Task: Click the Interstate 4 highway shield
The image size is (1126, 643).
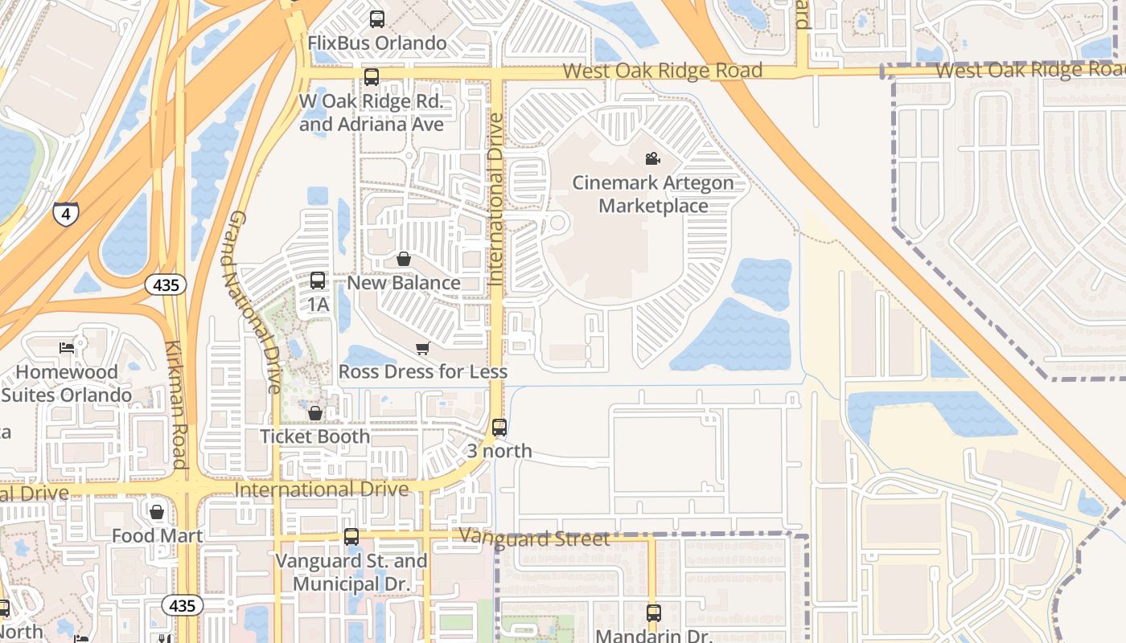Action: pyautogui.click(x=66, y=214)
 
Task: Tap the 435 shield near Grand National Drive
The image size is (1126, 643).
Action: pyautogui.click(x=166, y=285)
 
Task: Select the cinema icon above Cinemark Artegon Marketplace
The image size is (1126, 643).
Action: pyautogui.click(x=652, y=159)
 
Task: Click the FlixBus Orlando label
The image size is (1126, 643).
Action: pyautogui.click(x=377, y=43)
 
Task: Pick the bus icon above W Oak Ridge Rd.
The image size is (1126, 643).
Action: pyautogui.click(x=371, y=77)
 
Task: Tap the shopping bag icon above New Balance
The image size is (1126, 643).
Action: pyautogui.click(x=404, y=259)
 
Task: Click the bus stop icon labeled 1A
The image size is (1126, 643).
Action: pyautogui.click(x=318, y=281)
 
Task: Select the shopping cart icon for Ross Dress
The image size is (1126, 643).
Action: pyautogui.click(x=422, y=348)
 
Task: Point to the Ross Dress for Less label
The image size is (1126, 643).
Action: pyautogui.click(x=422, y=371)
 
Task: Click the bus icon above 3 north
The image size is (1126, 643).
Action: pyautogui.click(x=499, y=428)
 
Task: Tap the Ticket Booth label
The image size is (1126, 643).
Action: pyautogui.click(x=314, y=436)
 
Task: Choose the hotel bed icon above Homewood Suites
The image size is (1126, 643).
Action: pyautogui.click(x=67, y=348)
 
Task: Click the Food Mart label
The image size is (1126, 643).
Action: pyautogui.click(x=157, y=535)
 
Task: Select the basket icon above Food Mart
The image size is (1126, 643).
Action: pyautogui.click(x=157, y=512)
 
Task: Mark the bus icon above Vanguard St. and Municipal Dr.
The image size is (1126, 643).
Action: pyautogui.click(x=351, y=537)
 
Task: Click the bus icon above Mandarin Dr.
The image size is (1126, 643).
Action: pyautogui.click(x=653, y=613)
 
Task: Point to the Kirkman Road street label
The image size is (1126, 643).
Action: pyautogui.click(x=176, y=404)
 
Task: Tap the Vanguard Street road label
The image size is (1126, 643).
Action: pyautogui.click(x=534, y=539)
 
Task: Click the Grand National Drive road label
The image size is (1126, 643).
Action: pyautogui.click(x=254, y=301)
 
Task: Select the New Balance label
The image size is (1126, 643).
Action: pyautogui.click(x=404, y=283)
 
